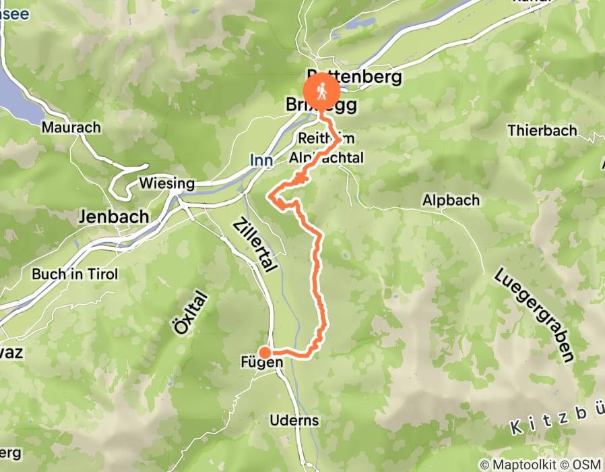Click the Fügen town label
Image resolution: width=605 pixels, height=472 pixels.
click(261, 363)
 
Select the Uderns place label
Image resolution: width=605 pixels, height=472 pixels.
click(294, 420)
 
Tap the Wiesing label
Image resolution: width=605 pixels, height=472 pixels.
click(166, 183)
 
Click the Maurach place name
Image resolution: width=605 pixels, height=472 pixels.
click(71, 127)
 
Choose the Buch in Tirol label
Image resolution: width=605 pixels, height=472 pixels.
click(75, 274)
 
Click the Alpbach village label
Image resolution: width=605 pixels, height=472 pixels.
click(451, 200)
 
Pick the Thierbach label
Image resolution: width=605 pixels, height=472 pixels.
click(543, 130)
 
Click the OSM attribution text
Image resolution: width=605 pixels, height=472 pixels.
click(585, 465)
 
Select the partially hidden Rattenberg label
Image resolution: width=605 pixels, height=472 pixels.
click(354, 76)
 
